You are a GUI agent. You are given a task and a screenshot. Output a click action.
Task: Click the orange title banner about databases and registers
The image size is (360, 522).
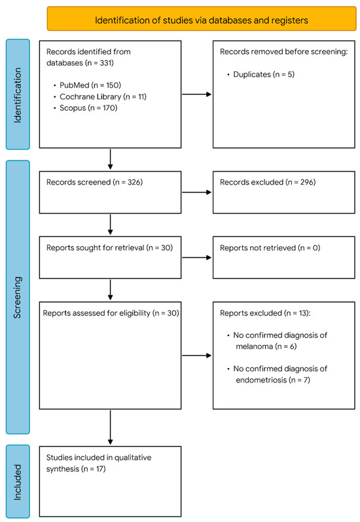pyautogui.click(x=202, y=18)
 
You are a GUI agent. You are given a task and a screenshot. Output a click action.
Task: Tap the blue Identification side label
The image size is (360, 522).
pyautogui.click(x=18, y=94)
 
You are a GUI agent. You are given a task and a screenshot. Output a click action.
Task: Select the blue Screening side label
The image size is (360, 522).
pyautogui.click(x=18, y=297)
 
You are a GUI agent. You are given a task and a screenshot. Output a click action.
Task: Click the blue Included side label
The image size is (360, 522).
pyautogui.click(x=18, y=481)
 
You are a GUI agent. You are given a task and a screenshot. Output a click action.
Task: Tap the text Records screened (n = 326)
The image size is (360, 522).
pyautogui.click(x=94, y=182)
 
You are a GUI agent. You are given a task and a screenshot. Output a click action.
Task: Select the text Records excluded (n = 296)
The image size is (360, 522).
pyautogui.click(x=268, y=182)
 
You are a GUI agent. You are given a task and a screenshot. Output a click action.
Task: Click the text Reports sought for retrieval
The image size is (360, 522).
pyautogui.click(x=96, y=248)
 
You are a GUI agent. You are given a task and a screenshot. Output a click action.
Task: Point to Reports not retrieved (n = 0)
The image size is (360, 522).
pyautogui.click(x=270, y=248)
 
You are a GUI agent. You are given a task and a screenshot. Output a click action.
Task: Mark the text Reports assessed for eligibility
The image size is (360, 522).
pyautogui.click(x=96, y=313)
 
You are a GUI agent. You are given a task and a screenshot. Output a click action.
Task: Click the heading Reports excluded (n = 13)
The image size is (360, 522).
pyautogui.click(x=265, y=313)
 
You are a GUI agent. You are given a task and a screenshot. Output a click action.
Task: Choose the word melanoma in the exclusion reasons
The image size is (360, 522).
pyautogui.click(x=254, y=346)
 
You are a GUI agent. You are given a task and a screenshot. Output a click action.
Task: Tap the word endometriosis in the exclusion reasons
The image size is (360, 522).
pyautogui.click(x=261, y=380)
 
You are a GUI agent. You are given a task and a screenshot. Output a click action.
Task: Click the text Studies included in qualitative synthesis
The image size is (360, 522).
pyautogui.click(x=99, y=463)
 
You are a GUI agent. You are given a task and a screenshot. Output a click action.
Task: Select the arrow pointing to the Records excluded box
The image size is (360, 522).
pyautogui.click(x=196, y=192)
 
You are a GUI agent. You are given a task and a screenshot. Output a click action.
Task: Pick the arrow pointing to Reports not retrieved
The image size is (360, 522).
pyautogui.click(x=196, y=257)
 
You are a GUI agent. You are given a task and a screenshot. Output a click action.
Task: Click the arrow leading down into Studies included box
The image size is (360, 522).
pyautogui.click(x=110, y=427)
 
